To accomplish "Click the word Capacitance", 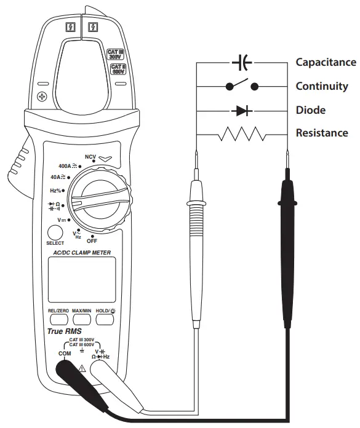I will (326, 62).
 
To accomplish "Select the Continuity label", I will (322, 86).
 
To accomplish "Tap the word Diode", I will (311, 111).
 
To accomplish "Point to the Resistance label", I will (322, 133).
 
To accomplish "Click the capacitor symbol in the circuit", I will (242, 62).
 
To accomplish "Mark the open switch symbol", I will (242, 85).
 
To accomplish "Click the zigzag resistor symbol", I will (241, 133).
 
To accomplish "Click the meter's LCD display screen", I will (81, 279).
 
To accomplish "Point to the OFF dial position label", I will (92, 240).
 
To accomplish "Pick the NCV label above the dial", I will (90, 157).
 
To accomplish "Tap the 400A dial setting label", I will (66, 166).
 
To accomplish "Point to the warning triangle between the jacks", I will (82, 368).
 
